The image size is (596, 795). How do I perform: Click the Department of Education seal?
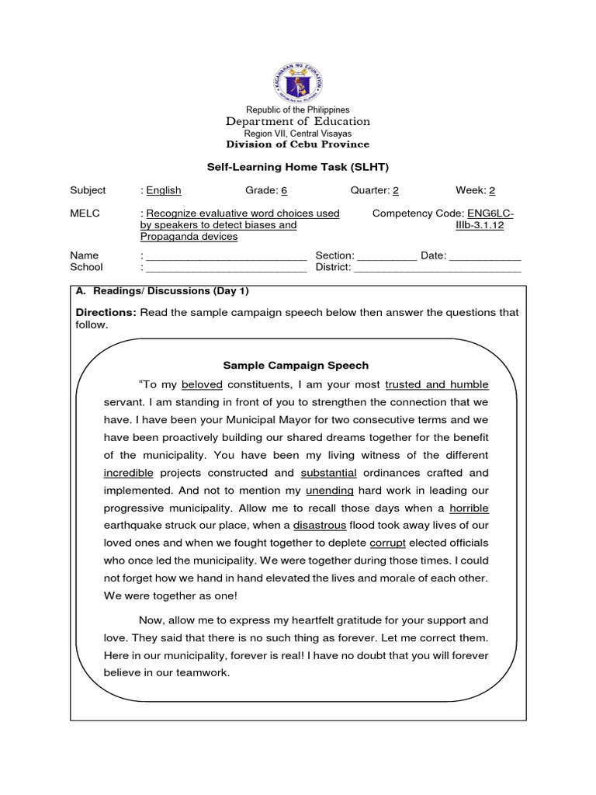click(298, 82)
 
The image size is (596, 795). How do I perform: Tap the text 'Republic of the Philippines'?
click(298, 110)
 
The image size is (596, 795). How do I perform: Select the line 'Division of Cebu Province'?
click(298, 144)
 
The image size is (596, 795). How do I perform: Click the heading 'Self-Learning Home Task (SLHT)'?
click(298, 167)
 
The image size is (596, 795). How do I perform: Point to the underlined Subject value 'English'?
click(164, 190)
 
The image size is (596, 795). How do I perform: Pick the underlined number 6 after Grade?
click(273, 190)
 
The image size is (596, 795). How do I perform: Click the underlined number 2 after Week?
click(492, 190)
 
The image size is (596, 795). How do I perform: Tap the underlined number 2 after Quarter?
click(396, 190)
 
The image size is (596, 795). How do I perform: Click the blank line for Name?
click(226, 256)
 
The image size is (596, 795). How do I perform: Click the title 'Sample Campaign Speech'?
click(296, 365)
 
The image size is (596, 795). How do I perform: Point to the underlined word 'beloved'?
click(202, 384)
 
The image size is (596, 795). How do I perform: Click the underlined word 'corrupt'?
click(387, 543)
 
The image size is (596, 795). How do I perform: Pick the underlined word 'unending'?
click(330, 491)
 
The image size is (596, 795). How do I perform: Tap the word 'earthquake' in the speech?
click(132, 526)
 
